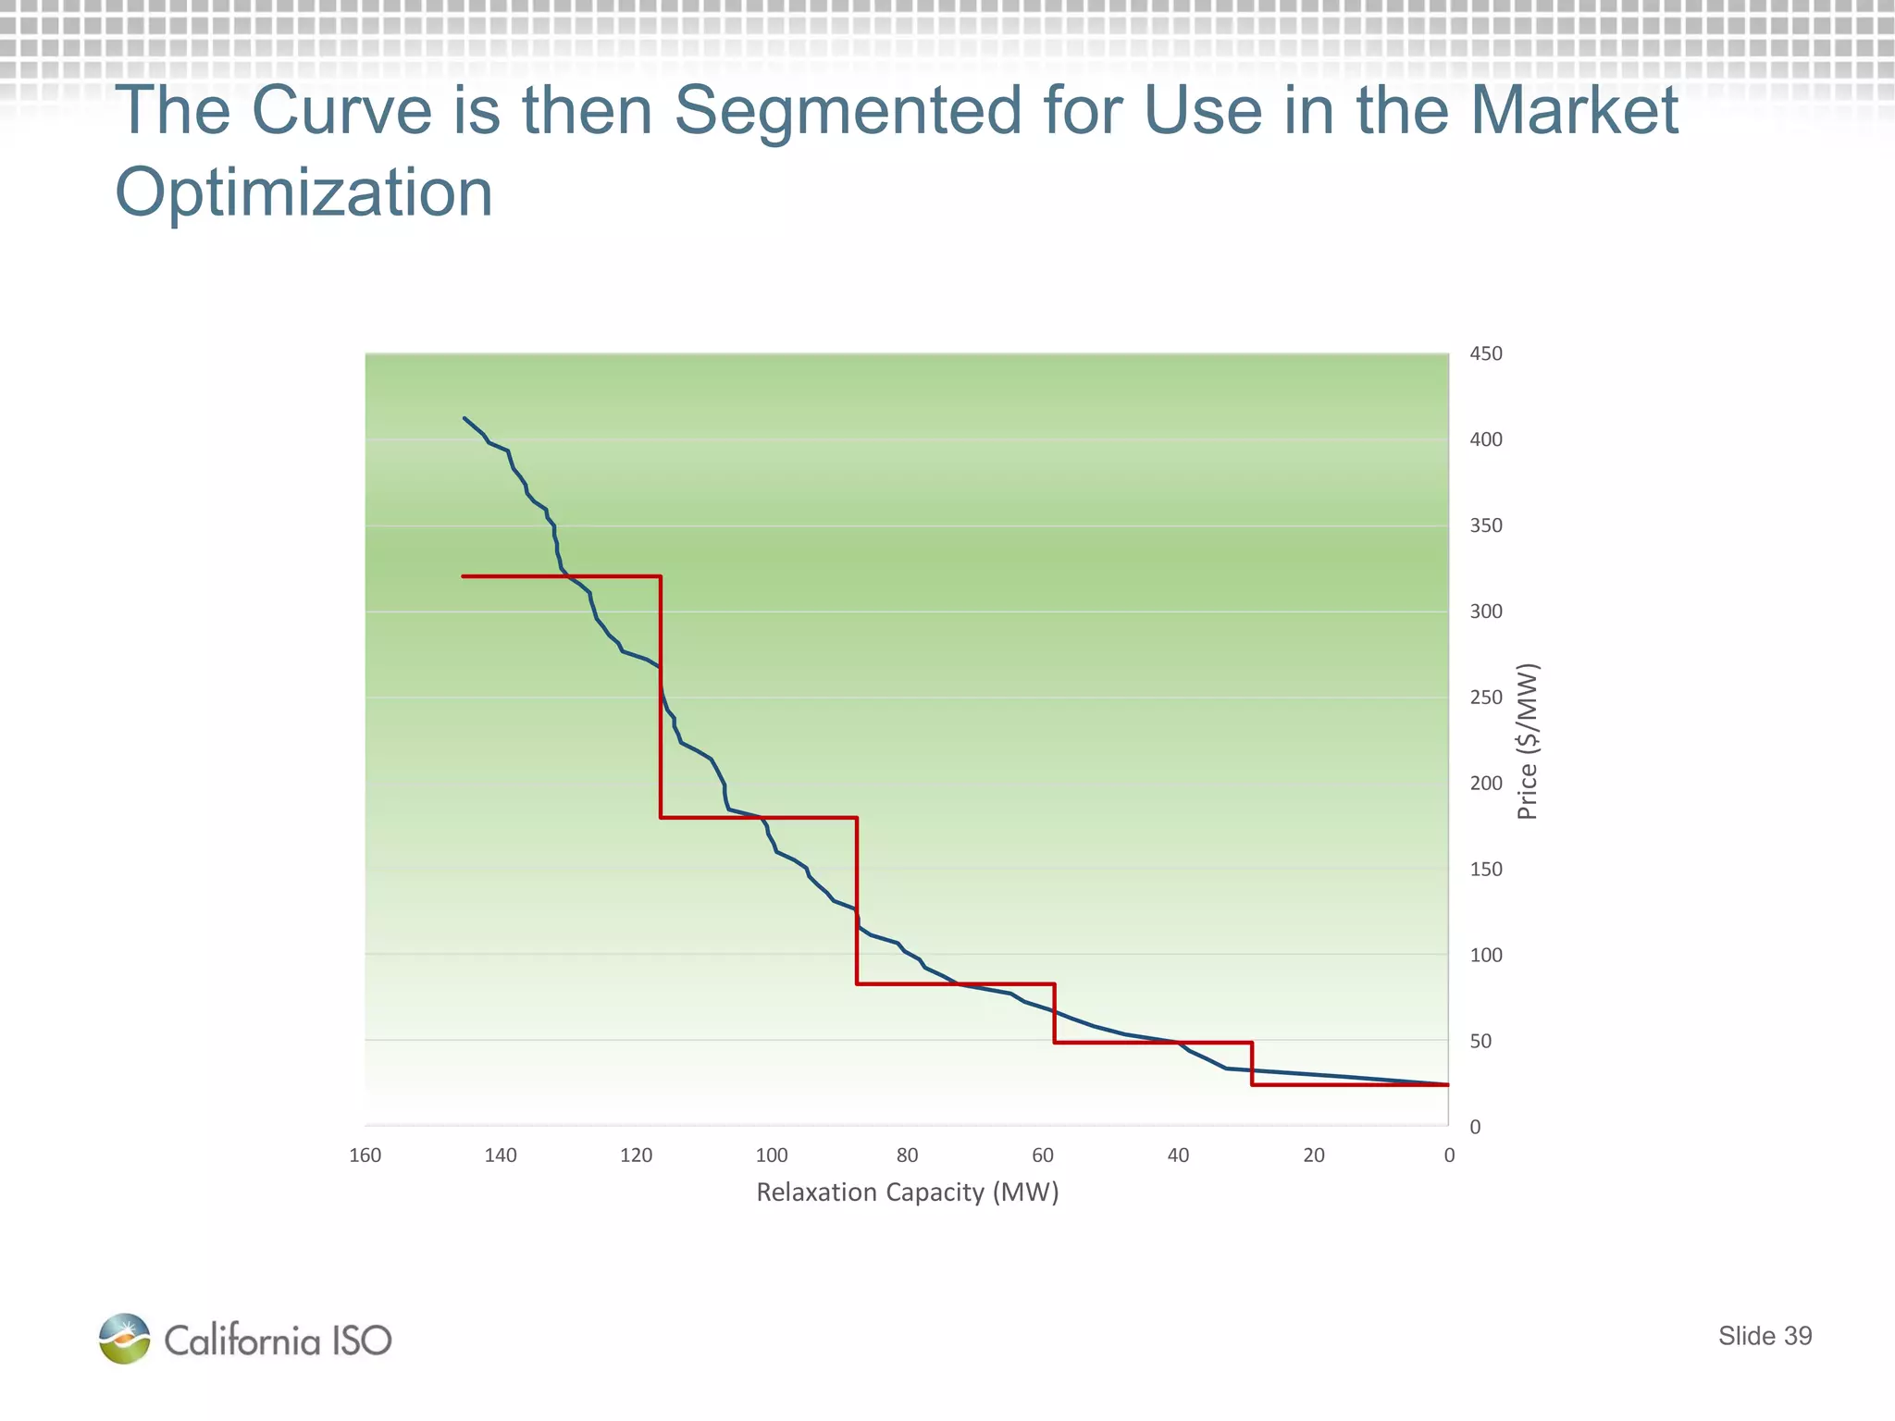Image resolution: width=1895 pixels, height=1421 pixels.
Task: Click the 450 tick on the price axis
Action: pyautogui.click(x=1485, y=353)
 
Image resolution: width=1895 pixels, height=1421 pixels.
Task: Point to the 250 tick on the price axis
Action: pyautogui.click(x=1485, y=698)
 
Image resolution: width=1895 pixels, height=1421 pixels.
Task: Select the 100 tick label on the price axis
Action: pyautogui.click(x=1485, y=955)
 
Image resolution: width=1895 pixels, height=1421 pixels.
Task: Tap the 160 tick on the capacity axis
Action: pyautogui.click(x=365, y=1155)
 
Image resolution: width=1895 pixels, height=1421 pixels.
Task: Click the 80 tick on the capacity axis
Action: pyautogui.click(x=907, y=1155)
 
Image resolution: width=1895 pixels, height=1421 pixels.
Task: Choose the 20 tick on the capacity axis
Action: pyautogui.click(x=1314, y=1155)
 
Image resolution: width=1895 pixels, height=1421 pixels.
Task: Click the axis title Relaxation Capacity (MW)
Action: pyautogui.click(x=907, y=1192)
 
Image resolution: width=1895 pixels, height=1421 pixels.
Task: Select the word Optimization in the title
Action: pyautogui.click(x=303, y=193)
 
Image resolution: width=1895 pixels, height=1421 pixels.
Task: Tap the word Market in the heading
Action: pyautogui.click(x=1573, y=111)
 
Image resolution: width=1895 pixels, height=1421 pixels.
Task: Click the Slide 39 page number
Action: pyautogui.click(x=1765, y=1336)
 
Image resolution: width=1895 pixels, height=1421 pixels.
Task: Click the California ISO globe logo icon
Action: pyautogui.click(x=125, y=1339)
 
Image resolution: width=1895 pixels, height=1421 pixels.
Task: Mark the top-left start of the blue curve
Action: pyautogui.click(x=464, y=418)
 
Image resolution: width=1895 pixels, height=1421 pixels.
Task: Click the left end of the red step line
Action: pyautogui.click(x=463, y=576)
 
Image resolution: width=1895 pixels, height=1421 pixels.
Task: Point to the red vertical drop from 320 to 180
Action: pyautogui.click(x=661, y=697)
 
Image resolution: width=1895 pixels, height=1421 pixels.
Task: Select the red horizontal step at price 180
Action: pyautogui.click(x=759, y=818)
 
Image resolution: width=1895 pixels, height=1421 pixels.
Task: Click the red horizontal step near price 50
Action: pyautogui.click(x=1153, y=1043)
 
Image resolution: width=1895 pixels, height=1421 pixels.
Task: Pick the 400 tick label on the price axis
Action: pyautogui.click(x=1485, y=439)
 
